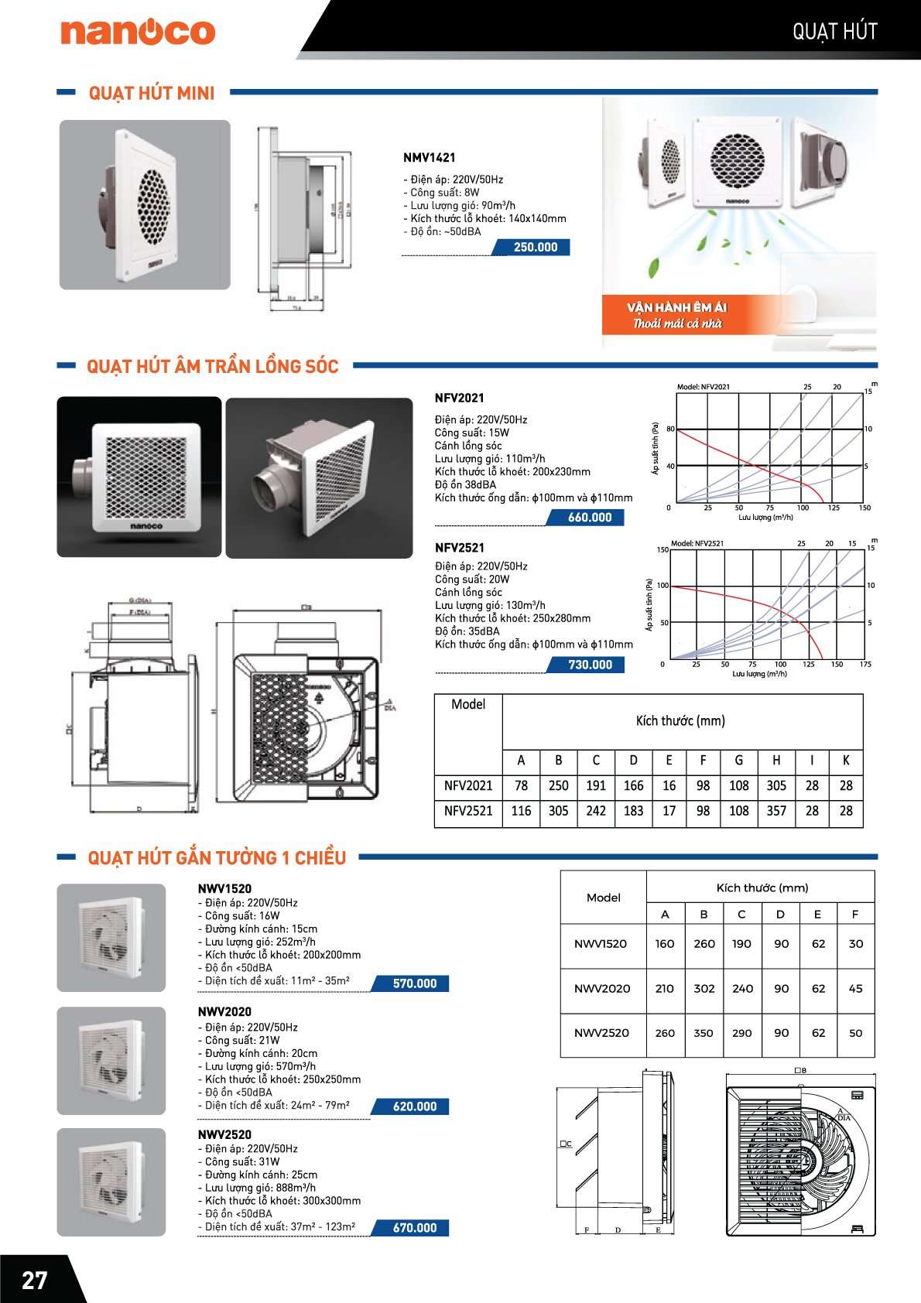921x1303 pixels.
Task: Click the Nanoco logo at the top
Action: click(138, 32)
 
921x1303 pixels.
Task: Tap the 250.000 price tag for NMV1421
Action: click(535, 248)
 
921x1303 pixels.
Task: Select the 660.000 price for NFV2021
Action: click(589, 518)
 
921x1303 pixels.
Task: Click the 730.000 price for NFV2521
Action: click(590, 665)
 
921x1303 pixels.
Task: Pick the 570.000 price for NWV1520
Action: click(414, 983)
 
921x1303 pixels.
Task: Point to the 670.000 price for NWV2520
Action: click(414, 1228)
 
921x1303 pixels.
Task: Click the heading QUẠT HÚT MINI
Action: click(152, 94)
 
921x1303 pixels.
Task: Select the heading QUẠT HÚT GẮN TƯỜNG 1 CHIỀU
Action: click(217, 858)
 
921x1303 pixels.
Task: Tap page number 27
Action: click(35, 1281)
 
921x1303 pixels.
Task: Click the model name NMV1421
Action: click(429, 158)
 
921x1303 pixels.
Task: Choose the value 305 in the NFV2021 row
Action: click(776, 786)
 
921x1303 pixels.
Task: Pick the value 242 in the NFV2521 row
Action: click(596, 811)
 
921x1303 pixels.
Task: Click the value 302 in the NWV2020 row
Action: click(704, 989)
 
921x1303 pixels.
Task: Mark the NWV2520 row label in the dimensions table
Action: click(601, 1033)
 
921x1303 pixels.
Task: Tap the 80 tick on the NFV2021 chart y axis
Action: click(670, 429)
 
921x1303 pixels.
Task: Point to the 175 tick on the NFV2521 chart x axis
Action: click(865, 665)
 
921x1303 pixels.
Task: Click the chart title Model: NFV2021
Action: click(703, 387)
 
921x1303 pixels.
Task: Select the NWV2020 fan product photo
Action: click(111, 1060)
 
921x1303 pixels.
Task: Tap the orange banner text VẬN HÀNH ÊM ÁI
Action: click(676, 307)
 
